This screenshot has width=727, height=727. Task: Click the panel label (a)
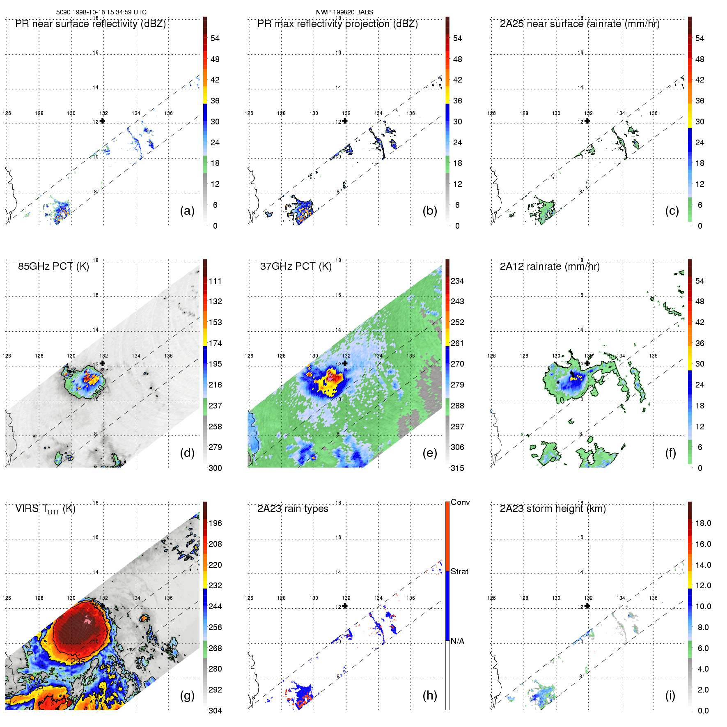[x=187, y=211]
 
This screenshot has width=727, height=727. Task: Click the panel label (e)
[x=429, y=453]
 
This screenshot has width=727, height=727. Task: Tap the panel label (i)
[x=670, y=695]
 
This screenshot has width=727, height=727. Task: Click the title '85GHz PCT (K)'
[x=53, y=266]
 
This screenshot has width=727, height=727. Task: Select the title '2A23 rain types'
[x=293, y=509]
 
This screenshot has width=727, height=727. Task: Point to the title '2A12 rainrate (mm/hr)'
[x=550, y=266]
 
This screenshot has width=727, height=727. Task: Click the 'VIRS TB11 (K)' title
[x=45, y=509]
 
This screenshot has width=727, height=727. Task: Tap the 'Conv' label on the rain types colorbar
[x=460, y=502]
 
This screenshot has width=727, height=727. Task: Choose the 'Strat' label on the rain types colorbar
[x=459, y=571]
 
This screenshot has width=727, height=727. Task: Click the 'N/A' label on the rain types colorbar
[x=457, y=641]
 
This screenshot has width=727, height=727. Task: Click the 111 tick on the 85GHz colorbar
[x=215, y=281]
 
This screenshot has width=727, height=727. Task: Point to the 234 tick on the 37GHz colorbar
[x=457, y=281]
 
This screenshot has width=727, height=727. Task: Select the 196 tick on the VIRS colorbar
[x=215, y=523]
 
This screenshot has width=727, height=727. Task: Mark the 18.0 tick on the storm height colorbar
[x=703, y=523]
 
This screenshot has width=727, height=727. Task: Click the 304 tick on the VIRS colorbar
[x=215, y=711]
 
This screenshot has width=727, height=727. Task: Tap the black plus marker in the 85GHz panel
[x=102, y=363]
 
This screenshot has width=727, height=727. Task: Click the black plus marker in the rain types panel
[x=345, y=606]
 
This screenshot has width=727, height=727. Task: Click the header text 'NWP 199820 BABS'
[x=344, y=12]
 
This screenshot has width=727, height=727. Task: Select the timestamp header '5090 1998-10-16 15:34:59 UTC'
[x=101, y=12]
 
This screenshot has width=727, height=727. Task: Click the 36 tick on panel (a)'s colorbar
[x=215, y=101]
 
